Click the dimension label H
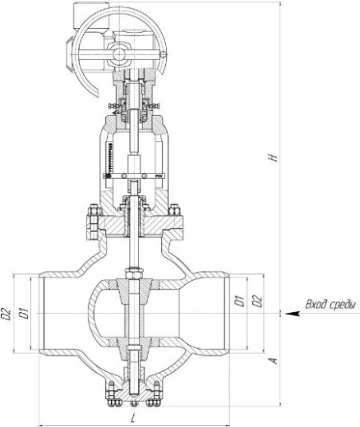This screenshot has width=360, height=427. pyautogui.click(x=273, y=158)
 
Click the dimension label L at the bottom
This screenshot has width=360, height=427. pyautogui.click(x=133, y=418)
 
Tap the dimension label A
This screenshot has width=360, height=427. pyautogui.click(x=274, y=360)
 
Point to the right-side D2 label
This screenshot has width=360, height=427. pyautogui.click(x=257, y=301)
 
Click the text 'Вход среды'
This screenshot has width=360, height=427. pyautogui.click(x=331, y=304)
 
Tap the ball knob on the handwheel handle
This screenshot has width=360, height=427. pyautogui.click(x=164, y=55)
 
